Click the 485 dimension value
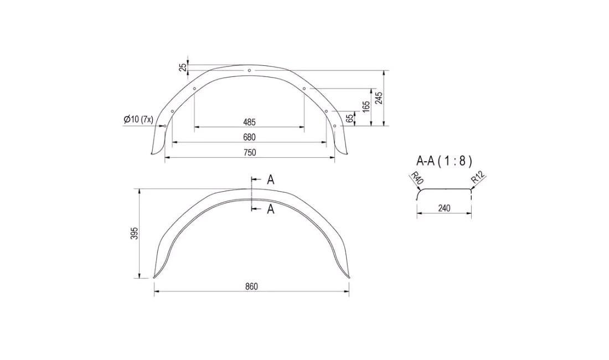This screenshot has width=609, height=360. [249, 122]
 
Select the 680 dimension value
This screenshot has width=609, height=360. [249, 137]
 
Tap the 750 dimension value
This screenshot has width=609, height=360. [249, 152]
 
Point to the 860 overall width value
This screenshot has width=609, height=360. [252, 286]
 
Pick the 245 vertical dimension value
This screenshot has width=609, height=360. [379, 98]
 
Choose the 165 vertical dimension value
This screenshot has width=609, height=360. [366, 107]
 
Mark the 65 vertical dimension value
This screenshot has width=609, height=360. [350, 119]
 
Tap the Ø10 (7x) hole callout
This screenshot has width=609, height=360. [138, 119]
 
